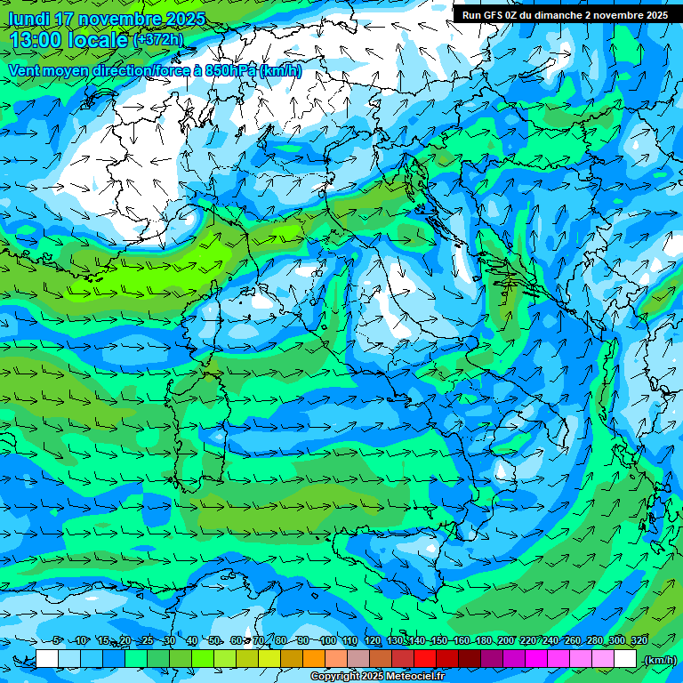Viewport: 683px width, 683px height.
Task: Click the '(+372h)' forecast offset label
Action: [158, 40]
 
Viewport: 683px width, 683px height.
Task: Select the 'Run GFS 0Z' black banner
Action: [565, 15]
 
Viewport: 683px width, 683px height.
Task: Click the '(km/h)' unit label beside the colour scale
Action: [660, 660]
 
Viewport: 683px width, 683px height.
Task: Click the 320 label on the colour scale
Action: [639, 640]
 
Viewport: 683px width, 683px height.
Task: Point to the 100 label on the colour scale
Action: [327, 640]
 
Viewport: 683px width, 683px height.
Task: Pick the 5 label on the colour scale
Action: [57, 640]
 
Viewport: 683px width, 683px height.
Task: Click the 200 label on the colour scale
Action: [505, 640]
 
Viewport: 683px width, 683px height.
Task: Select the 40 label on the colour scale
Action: [192, 640]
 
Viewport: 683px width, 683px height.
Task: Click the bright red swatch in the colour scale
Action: [425, 659]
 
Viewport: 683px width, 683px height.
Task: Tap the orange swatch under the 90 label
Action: [314, 659]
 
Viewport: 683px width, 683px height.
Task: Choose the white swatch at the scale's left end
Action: [47, 659]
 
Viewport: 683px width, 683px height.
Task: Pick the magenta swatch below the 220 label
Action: [536, 659]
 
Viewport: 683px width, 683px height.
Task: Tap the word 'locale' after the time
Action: [99, 40]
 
